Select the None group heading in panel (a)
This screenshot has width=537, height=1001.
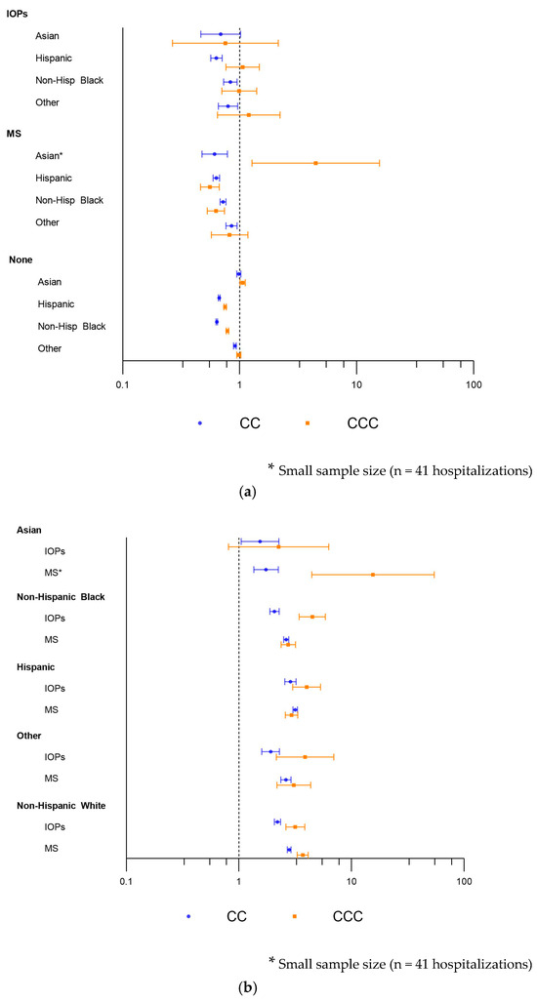coord(20,260)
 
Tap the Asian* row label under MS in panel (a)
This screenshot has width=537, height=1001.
coord(52,154)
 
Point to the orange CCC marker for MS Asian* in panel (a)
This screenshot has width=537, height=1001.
coord(315,163)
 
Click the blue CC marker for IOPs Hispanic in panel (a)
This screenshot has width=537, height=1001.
coord(216,59)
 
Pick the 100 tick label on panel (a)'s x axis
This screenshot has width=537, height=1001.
coord(473,385)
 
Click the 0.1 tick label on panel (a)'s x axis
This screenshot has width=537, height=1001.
coord(123,385)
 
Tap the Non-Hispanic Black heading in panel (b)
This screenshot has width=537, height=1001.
coord(61,597)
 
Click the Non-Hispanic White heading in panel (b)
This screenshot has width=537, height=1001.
coord(62,805)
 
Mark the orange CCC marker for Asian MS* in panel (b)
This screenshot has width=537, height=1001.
coord(373,575)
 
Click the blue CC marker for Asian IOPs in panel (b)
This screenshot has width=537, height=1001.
coord(260,541)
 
